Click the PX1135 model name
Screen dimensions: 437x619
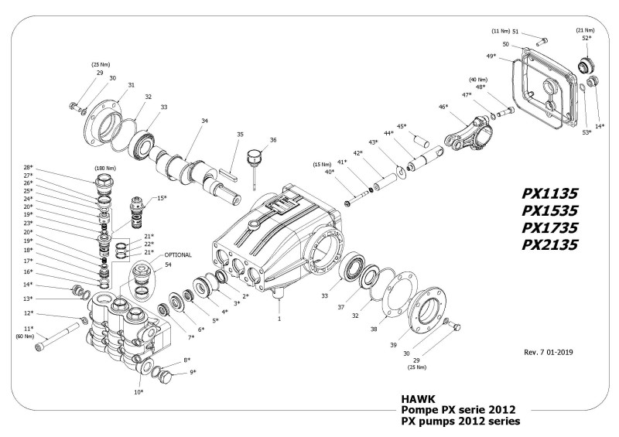(x=550, y=191)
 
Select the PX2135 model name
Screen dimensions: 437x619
(x=550, y=245)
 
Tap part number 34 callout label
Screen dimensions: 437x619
(x=204, y=121)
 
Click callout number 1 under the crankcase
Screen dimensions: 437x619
(x=279, y=318)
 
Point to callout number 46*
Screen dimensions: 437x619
(x=443, y=107)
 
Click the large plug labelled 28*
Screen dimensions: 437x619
(x=102, y=184)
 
